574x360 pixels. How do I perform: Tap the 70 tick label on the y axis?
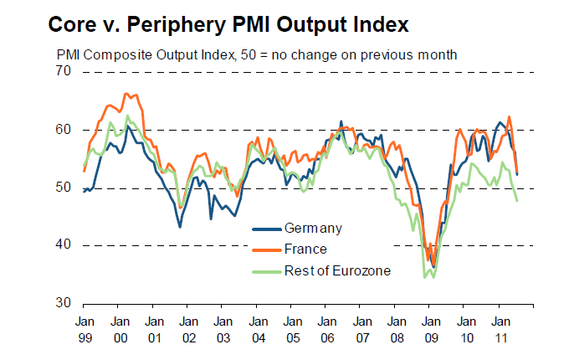63,72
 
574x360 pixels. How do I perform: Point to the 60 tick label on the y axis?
63,130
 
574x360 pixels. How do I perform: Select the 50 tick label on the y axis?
63,188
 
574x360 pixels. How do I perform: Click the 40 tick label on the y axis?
63,245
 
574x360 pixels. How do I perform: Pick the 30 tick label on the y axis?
63,302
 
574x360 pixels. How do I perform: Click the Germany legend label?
313,228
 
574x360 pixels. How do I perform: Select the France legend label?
305,249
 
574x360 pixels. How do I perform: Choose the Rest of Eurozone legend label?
337,270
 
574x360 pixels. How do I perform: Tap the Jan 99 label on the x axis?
84,328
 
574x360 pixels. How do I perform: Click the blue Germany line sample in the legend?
266,228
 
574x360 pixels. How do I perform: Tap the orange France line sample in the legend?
266,249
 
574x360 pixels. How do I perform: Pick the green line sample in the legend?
266,270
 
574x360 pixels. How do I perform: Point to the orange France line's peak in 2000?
126,94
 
